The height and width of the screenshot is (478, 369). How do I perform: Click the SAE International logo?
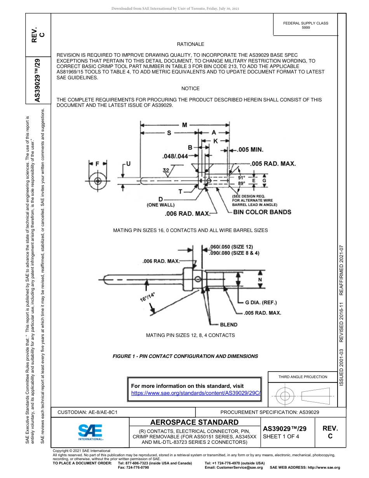click(90, 431)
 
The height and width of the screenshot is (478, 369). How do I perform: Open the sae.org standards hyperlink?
click(195, 393)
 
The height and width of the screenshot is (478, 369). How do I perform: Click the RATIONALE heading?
click(190, 44)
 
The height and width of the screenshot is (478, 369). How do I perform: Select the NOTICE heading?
click(190, 89)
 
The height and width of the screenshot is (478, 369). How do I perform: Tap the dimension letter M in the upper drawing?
click(184, 125)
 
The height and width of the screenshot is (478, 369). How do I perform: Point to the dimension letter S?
click(169, 133)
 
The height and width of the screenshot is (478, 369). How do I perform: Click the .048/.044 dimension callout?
click(175, 156)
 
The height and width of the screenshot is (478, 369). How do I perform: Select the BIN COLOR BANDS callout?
click(262, 212)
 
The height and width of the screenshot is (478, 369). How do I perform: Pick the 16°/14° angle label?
click(147, 297)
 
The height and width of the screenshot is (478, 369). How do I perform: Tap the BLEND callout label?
click(228, 324)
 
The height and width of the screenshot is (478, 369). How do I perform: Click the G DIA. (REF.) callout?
click(261, 302)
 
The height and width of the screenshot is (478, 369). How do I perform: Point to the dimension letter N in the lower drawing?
click(260, 280)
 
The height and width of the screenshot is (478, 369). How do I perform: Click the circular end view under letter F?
click(97, 181)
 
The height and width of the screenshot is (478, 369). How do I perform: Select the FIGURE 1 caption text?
click(185, 356)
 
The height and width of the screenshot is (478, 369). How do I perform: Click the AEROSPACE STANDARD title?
click(194, 422)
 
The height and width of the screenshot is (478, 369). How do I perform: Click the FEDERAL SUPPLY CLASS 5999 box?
click(306, 25)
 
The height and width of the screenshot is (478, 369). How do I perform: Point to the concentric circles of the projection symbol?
click(285, 396)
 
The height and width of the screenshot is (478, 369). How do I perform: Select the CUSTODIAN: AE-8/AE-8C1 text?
click(87, 412)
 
